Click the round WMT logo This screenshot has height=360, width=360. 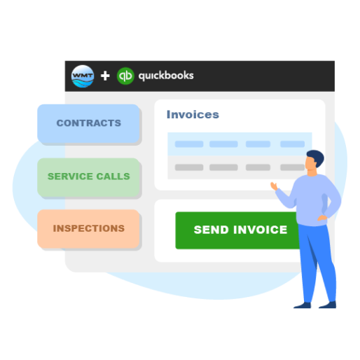83,76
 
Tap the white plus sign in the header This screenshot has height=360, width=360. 105,76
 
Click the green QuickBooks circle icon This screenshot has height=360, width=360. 125,76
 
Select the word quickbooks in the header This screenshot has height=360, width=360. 166,76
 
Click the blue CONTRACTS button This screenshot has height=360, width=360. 88,123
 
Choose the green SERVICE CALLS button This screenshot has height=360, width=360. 88,177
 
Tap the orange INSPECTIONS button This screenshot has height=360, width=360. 88,228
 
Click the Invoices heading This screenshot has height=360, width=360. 193,114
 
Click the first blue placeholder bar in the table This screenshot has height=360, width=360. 189,144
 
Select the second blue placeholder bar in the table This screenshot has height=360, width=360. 223,144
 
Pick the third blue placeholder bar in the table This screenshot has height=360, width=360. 258,144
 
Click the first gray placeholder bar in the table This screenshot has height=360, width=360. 189,167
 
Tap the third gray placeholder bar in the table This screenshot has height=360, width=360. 258,167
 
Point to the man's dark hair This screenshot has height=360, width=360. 317,157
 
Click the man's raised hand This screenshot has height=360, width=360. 274,186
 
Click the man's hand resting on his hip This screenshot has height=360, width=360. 322,218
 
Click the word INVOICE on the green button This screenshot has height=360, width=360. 261,230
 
